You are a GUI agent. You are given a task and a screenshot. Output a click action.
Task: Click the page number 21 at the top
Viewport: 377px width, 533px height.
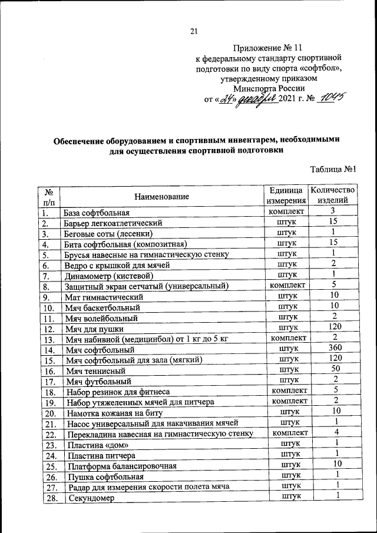pos(193,32)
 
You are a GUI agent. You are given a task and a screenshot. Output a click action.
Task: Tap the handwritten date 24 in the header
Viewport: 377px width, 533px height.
pos(224,99)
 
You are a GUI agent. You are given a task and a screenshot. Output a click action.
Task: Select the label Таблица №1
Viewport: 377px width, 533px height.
pos(334,170)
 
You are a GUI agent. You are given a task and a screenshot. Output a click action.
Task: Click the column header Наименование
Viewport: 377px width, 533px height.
pos(161,196)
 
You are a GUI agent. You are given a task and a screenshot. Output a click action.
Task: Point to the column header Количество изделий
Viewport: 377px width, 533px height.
pos(333,196)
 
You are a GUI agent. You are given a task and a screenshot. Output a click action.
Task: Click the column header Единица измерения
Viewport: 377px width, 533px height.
pos(286,196)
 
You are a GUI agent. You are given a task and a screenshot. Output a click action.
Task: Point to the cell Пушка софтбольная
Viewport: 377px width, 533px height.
pos(97,477)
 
